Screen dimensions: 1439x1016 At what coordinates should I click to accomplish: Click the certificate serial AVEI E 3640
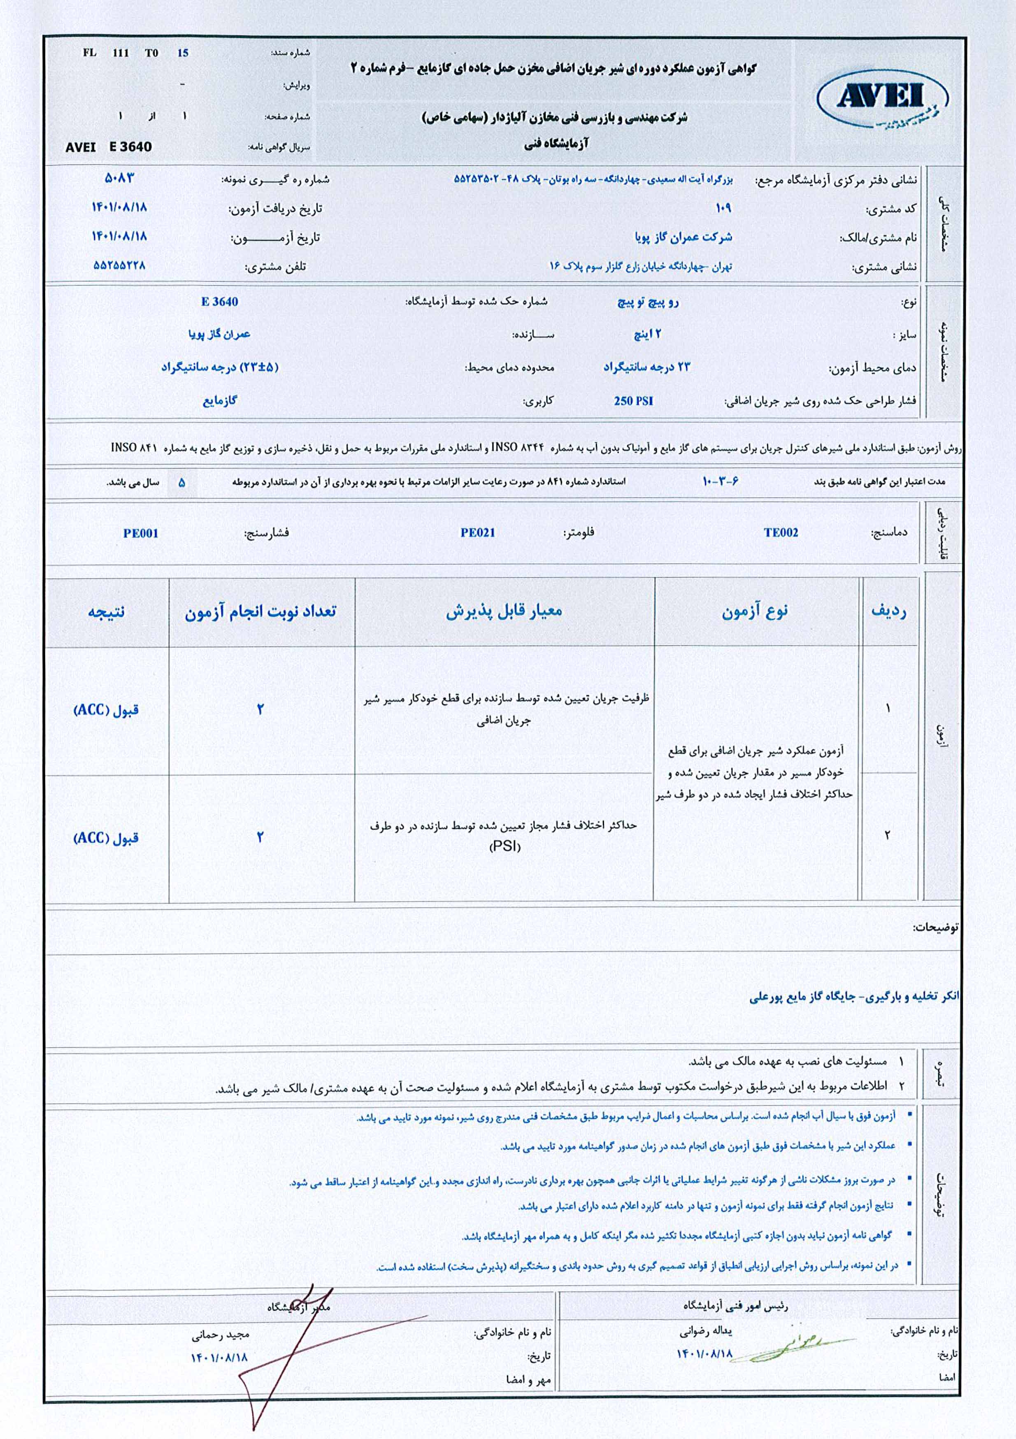109,146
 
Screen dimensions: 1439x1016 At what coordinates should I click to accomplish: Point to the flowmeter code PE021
478,533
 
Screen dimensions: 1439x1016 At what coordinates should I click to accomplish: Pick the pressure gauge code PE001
140,533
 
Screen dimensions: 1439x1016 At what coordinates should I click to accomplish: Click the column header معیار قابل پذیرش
504,611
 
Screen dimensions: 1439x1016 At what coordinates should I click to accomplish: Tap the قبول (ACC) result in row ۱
106,710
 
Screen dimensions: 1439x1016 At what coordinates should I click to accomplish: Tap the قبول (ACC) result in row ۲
106,838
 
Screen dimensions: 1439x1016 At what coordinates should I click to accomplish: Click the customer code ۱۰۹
723,207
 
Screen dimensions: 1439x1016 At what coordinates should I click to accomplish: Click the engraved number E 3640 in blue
219,302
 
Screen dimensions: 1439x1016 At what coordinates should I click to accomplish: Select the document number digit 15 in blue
182,53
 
